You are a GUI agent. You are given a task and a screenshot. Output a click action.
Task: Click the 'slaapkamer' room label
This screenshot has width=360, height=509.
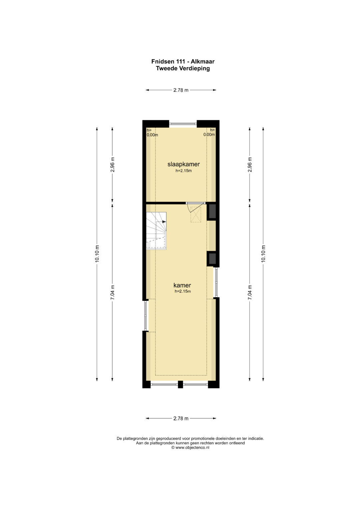click(x=184, y=164)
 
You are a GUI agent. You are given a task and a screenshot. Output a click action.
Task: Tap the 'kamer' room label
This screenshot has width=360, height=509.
click(x=182, y=285)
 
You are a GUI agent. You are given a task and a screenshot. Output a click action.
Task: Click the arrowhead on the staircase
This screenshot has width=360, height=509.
click(x=164, y=222)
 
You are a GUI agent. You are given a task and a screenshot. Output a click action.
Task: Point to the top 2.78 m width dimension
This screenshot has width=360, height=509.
click(x=181, y=90)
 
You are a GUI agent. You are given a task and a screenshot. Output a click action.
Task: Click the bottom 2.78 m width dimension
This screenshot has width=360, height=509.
click(x=181, y=418)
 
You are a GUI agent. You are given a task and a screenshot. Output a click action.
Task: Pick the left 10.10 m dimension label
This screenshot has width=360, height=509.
click(x=97, y=254)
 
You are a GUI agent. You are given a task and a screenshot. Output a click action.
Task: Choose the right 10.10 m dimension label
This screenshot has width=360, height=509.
click(x=263, y=254)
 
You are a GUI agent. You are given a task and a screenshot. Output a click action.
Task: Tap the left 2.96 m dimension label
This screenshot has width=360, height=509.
click(x=113, y=165)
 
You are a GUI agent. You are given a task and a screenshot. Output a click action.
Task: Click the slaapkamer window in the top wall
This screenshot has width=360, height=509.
click(x=183, y=124)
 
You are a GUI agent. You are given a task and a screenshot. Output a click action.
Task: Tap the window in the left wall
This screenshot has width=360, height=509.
click(x=146, y=316)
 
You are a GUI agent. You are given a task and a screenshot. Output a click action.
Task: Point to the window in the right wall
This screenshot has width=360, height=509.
click(x=216, y=282)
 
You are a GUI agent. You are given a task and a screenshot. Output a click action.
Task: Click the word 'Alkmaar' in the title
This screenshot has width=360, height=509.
click(x=203, y=61)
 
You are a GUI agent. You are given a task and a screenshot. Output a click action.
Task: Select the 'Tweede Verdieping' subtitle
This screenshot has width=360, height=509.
click(x=183, y=68)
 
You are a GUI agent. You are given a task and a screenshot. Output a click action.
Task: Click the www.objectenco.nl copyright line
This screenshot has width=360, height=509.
click(x=190, y=447)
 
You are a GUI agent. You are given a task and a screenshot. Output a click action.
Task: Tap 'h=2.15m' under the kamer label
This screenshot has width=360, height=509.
click(x=183, y=291)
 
